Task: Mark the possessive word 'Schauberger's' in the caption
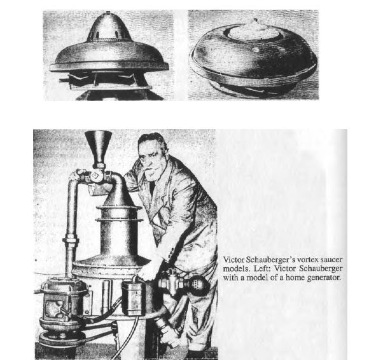[270, 260]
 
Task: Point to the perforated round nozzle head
[198, 285]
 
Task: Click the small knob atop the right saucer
[255, 20]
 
